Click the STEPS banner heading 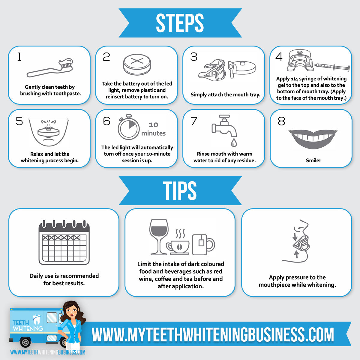180,23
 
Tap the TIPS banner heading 180,190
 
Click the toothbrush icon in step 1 50,67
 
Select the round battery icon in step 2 137,64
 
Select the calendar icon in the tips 64,242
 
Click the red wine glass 159,237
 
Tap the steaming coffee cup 178,243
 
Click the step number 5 19,121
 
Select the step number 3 194,57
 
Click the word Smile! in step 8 313,160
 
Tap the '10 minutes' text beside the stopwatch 153,129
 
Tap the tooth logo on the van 37,319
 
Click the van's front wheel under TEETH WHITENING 25,342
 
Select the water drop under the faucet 234,142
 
